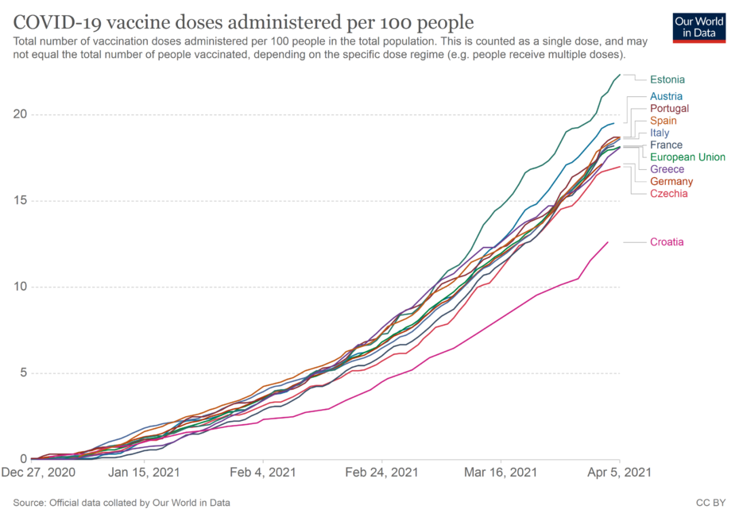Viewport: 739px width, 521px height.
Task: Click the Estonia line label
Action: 667,79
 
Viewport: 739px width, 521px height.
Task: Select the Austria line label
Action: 666,96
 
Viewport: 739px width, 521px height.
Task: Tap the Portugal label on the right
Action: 669,108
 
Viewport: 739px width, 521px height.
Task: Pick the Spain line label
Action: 664,121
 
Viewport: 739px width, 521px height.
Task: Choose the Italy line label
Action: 660,133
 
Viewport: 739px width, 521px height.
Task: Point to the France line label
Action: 666,145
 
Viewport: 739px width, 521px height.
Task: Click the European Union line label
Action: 687,157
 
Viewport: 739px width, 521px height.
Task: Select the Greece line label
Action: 667,169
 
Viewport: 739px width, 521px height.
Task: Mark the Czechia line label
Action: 669,194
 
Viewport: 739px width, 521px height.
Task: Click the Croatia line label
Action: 667,242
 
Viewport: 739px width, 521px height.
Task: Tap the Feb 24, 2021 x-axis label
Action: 382,472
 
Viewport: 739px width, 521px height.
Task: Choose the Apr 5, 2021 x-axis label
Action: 621,472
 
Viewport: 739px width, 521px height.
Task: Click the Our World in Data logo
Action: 698,27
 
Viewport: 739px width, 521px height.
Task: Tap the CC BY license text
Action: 710,503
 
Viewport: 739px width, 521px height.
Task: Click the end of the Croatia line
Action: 608,242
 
